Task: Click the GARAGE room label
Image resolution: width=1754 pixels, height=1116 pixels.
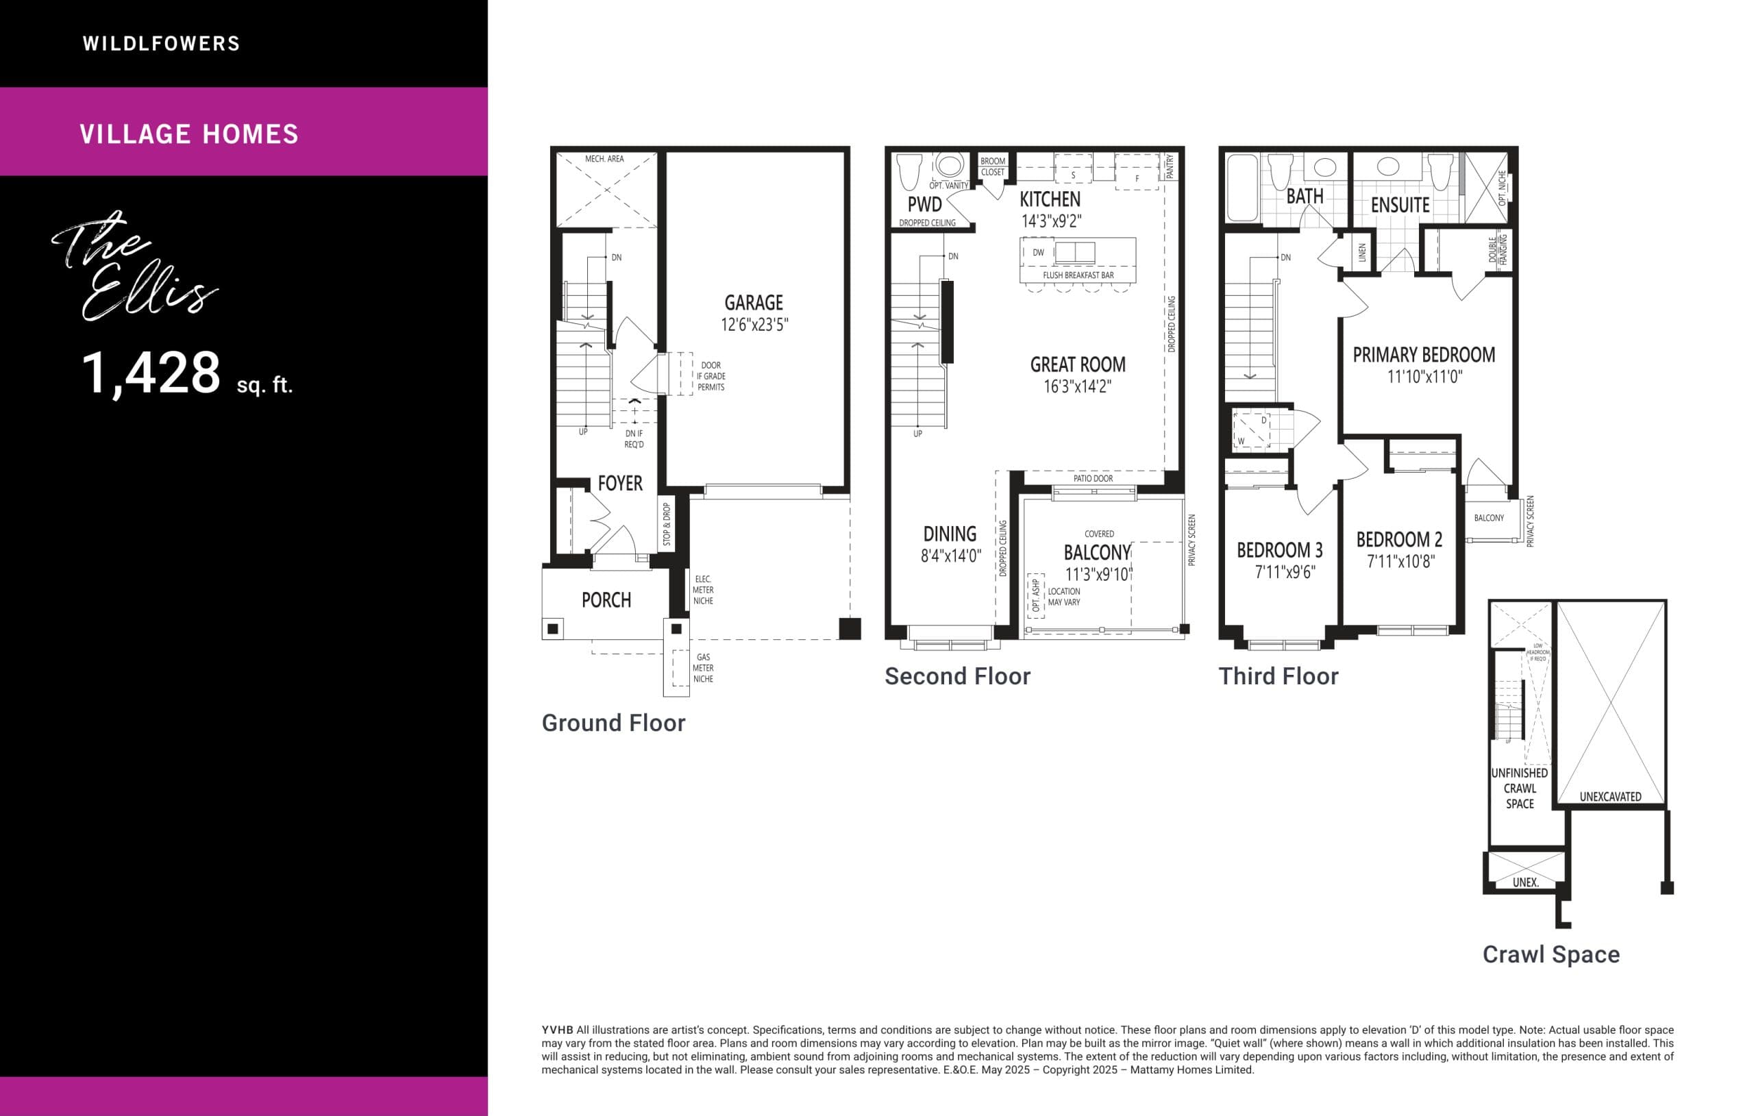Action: [753, 302]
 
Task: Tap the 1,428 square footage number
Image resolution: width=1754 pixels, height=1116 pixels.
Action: [151, 373]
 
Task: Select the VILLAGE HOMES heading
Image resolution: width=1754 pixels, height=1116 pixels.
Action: [189, 134]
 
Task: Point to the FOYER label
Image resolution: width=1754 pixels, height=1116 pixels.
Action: [620, 483]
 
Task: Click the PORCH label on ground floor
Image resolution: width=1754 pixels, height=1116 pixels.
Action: [606, 599]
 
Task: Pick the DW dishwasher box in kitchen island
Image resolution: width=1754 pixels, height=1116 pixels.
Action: [1038, 253]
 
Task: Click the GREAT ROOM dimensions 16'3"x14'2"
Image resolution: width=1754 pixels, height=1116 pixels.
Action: [1077, 387]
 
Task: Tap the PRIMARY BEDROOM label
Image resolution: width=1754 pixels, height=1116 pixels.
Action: [1423, 355]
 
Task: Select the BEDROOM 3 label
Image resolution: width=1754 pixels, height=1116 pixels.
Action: [1279, 550]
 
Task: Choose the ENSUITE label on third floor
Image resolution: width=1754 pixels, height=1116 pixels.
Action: [1400, 206]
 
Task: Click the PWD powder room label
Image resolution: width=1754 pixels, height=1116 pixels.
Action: [924, 205]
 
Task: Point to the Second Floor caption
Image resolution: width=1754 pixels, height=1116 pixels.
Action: [957, 676]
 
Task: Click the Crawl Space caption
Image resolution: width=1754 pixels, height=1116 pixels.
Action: [1551, 954]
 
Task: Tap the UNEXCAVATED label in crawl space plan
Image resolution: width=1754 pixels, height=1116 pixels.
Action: [1610, 796]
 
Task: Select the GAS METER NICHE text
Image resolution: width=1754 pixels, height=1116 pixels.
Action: [702, 668]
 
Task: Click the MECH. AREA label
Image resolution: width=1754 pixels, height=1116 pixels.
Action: [604, 159]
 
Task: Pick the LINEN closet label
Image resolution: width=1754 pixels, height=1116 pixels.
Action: [1362, 253]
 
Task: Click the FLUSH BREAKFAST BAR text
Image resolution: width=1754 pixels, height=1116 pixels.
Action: [1077, 275]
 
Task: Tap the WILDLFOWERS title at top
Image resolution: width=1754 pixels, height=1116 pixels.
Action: [161, 44]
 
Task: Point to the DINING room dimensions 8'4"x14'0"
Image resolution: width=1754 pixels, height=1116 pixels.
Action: [950, 556]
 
